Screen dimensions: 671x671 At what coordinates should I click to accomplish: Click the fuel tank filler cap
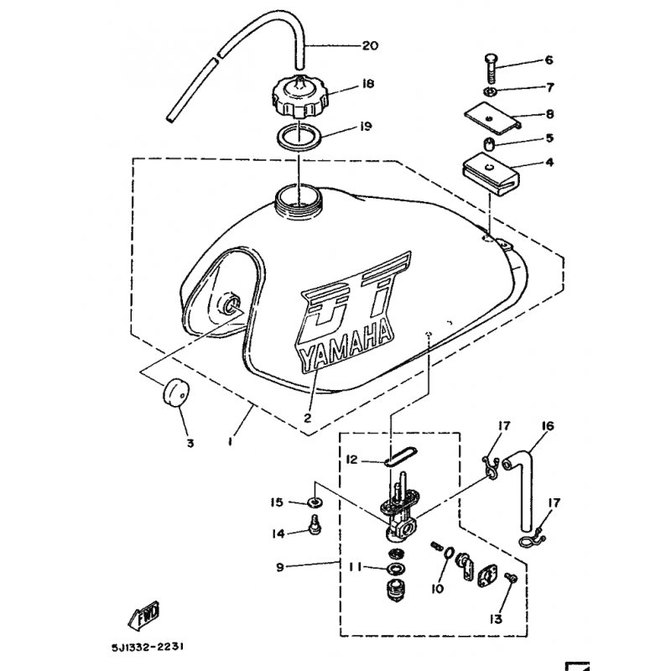pyautogui.click(x=300, y=97)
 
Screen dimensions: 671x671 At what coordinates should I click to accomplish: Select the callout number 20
pyautogui.click(x=370, y=45)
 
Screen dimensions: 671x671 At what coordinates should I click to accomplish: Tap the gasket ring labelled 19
pyautogui.click(x=299, y=137)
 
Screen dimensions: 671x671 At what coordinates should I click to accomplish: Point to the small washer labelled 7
pyautogui.click(x=490, y=91)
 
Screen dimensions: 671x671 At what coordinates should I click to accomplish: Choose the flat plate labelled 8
pyautogui.click(x=492, y=117)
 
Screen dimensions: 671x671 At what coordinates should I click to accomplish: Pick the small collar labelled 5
pyautogui.click(x=489, y=143)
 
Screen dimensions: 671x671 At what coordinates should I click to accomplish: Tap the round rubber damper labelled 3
pyautogui.click(x=175, y=393)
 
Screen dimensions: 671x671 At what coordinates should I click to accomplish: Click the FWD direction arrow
pyautogui.click(x=144, y=615)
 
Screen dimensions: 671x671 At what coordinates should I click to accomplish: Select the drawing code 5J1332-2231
pyautogui.click(x=148, y=648)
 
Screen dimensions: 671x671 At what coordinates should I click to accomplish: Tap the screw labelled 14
pyautogui.click(x=315, y=525)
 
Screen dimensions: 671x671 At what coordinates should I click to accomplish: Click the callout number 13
pyautogui.click(x=496, y=619)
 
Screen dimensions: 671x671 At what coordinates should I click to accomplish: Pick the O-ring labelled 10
pyautogui.click(x=447, y=553)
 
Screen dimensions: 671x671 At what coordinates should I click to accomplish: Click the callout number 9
pyautogui.click(x=280, y=568)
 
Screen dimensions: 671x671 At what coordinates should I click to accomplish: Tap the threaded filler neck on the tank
pyautogui.click(x=297, y=200)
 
